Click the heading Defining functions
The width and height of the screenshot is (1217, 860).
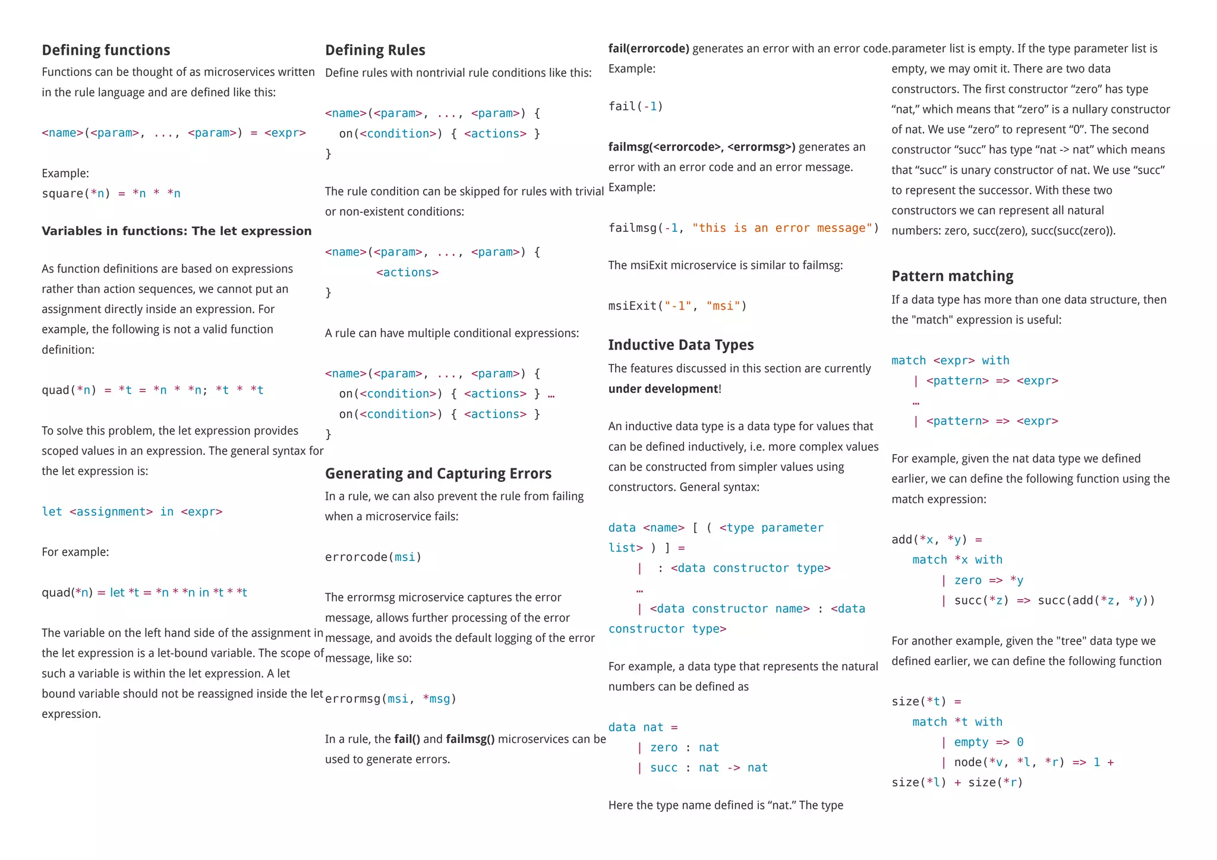tap(106, 51)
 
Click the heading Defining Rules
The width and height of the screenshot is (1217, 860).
tap(375, 51)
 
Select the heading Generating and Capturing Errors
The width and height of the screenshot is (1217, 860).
tap(438, 474)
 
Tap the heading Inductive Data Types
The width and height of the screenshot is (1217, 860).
tap(680, 345)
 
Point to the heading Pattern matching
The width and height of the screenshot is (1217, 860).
tap(952, 276)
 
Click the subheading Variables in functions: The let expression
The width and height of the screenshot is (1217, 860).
tap(176, 231)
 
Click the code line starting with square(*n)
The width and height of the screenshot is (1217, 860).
tap(111, 194)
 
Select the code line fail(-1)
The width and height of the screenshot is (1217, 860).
tap(635, 106)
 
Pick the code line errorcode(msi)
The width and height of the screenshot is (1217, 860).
tap(373, 557)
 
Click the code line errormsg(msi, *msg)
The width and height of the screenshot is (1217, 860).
tap(390, 699)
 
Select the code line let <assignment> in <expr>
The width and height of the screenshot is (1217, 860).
tap(132, 512)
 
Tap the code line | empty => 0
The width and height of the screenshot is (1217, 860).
tap(981, 742)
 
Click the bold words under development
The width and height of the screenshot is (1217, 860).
tap(663, 389)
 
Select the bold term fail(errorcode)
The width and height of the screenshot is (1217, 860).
tap(648, 49)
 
